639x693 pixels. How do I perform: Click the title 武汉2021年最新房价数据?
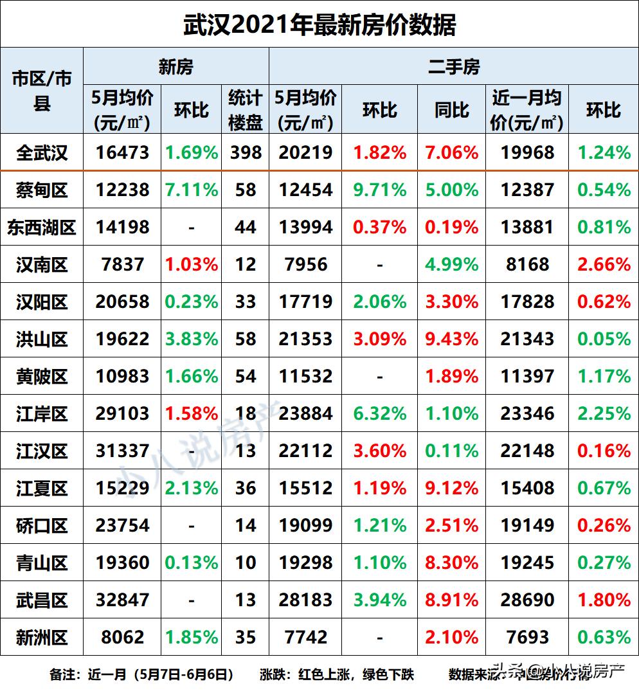pos(319,24)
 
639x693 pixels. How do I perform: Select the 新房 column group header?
pos(175,66)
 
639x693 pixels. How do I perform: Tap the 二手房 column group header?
pos(453,66)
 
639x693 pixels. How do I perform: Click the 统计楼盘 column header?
pos(245,109)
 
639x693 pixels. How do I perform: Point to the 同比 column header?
pos(451,109)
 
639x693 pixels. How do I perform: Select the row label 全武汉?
pos(42,152)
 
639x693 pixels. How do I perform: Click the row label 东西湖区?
pos(42,227)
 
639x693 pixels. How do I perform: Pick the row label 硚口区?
pos(42,525)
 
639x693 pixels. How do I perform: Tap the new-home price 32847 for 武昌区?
pos(122,600)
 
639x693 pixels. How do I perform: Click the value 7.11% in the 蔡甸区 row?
pos(192,190)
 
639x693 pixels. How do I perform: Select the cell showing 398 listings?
pos(245,152)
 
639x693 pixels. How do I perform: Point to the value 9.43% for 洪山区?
pos(451,339)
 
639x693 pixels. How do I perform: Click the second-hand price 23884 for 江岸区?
pos(305,413)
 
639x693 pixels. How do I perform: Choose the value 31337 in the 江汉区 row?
pos(122,451)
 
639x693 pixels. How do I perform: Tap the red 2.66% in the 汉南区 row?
pos(604,264)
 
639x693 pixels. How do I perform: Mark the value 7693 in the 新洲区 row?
pos(527,637)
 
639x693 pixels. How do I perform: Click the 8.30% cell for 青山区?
pos(451,562)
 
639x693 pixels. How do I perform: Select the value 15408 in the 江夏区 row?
pos(527,488)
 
